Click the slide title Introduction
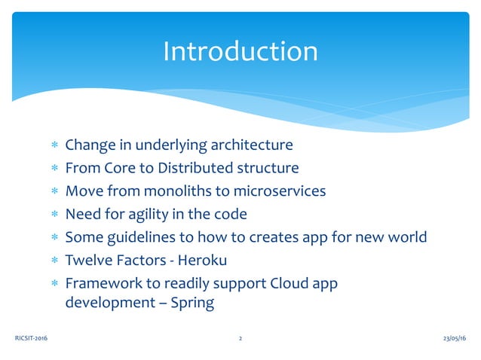240,51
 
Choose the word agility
150,214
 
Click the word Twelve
87,261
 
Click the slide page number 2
240,339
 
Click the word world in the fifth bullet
406,237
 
